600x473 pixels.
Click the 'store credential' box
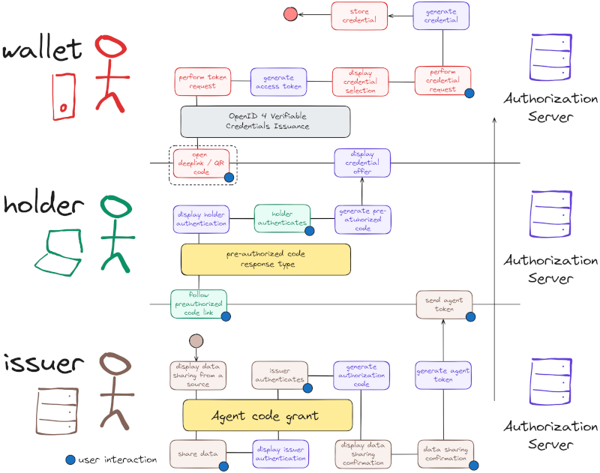(x=359, y=16)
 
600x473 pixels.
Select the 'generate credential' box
(x=441, y=16)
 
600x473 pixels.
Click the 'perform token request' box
(x=202, y=81)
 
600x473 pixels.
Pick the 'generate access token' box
(x=278, y=81)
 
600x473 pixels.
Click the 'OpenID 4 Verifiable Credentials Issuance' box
(x=265, y=121)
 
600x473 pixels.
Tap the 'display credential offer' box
(x=362, y=163)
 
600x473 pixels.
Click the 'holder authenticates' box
(x=282, y=218)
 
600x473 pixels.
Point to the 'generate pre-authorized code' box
(x=363, y=219)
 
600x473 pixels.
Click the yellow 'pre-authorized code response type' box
(x=265, y=259)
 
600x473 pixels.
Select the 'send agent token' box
(x=445, y=304)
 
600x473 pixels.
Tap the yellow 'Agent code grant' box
(x=268, y=415)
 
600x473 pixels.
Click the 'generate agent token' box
(x=444, y=375)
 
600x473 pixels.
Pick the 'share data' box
(x=198, y=454)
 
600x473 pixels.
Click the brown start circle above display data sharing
(x=196, y=341)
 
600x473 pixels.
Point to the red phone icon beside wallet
(x=64, y=96)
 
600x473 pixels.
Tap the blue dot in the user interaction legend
(x=70, y=460)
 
